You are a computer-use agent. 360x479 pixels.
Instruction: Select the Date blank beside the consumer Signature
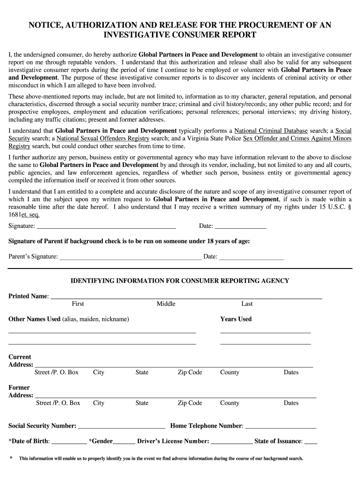[240, 227]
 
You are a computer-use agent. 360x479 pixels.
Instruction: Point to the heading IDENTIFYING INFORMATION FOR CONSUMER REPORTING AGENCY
[180, 281]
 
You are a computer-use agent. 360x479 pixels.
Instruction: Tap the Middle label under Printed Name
[166, 304]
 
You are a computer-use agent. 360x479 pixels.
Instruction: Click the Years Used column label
[236, 319]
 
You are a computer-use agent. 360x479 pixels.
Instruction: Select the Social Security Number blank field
[122, 427]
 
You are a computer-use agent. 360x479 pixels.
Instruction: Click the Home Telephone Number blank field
[281, 427]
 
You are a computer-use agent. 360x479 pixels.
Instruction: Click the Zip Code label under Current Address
[190, 372]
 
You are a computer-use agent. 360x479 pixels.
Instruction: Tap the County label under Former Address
[230, 403]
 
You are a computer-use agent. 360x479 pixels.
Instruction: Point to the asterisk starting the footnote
[11, 458]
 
